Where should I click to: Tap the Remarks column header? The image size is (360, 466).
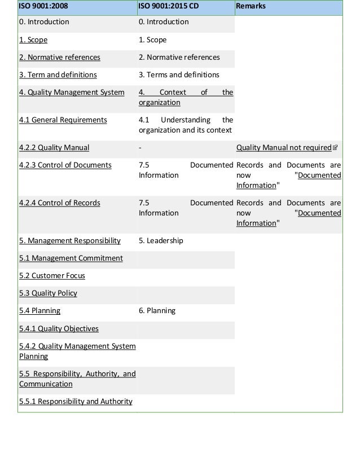point(251,6)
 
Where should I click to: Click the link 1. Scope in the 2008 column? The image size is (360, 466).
point(33,40)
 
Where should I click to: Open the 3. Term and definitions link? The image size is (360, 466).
point(58,75)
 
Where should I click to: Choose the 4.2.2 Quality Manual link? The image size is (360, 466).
point(54,148)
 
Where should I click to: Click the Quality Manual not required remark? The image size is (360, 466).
point(283,148)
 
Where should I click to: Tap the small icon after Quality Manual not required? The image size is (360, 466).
point(335,148)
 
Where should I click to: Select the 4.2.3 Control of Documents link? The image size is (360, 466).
point(65,165)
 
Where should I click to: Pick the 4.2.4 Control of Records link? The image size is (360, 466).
point(60,203)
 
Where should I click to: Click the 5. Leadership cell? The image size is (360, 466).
point(161,241)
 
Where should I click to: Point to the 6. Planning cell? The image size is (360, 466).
point(157,311)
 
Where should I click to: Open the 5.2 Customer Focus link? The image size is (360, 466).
point(52,276)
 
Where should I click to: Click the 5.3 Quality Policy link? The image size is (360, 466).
point(48,293)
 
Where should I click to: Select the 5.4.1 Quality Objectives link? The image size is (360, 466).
point(59,329)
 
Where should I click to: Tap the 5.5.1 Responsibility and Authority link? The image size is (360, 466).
point(76,402)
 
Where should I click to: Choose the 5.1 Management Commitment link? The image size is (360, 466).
point(71,258)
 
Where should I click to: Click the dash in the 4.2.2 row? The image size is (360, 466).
point(140,148)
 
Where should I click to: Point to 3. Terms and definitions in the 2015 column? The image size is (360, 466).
point(179,75)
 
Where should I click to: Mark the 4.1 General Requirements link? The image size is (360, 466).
point(63,120)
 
